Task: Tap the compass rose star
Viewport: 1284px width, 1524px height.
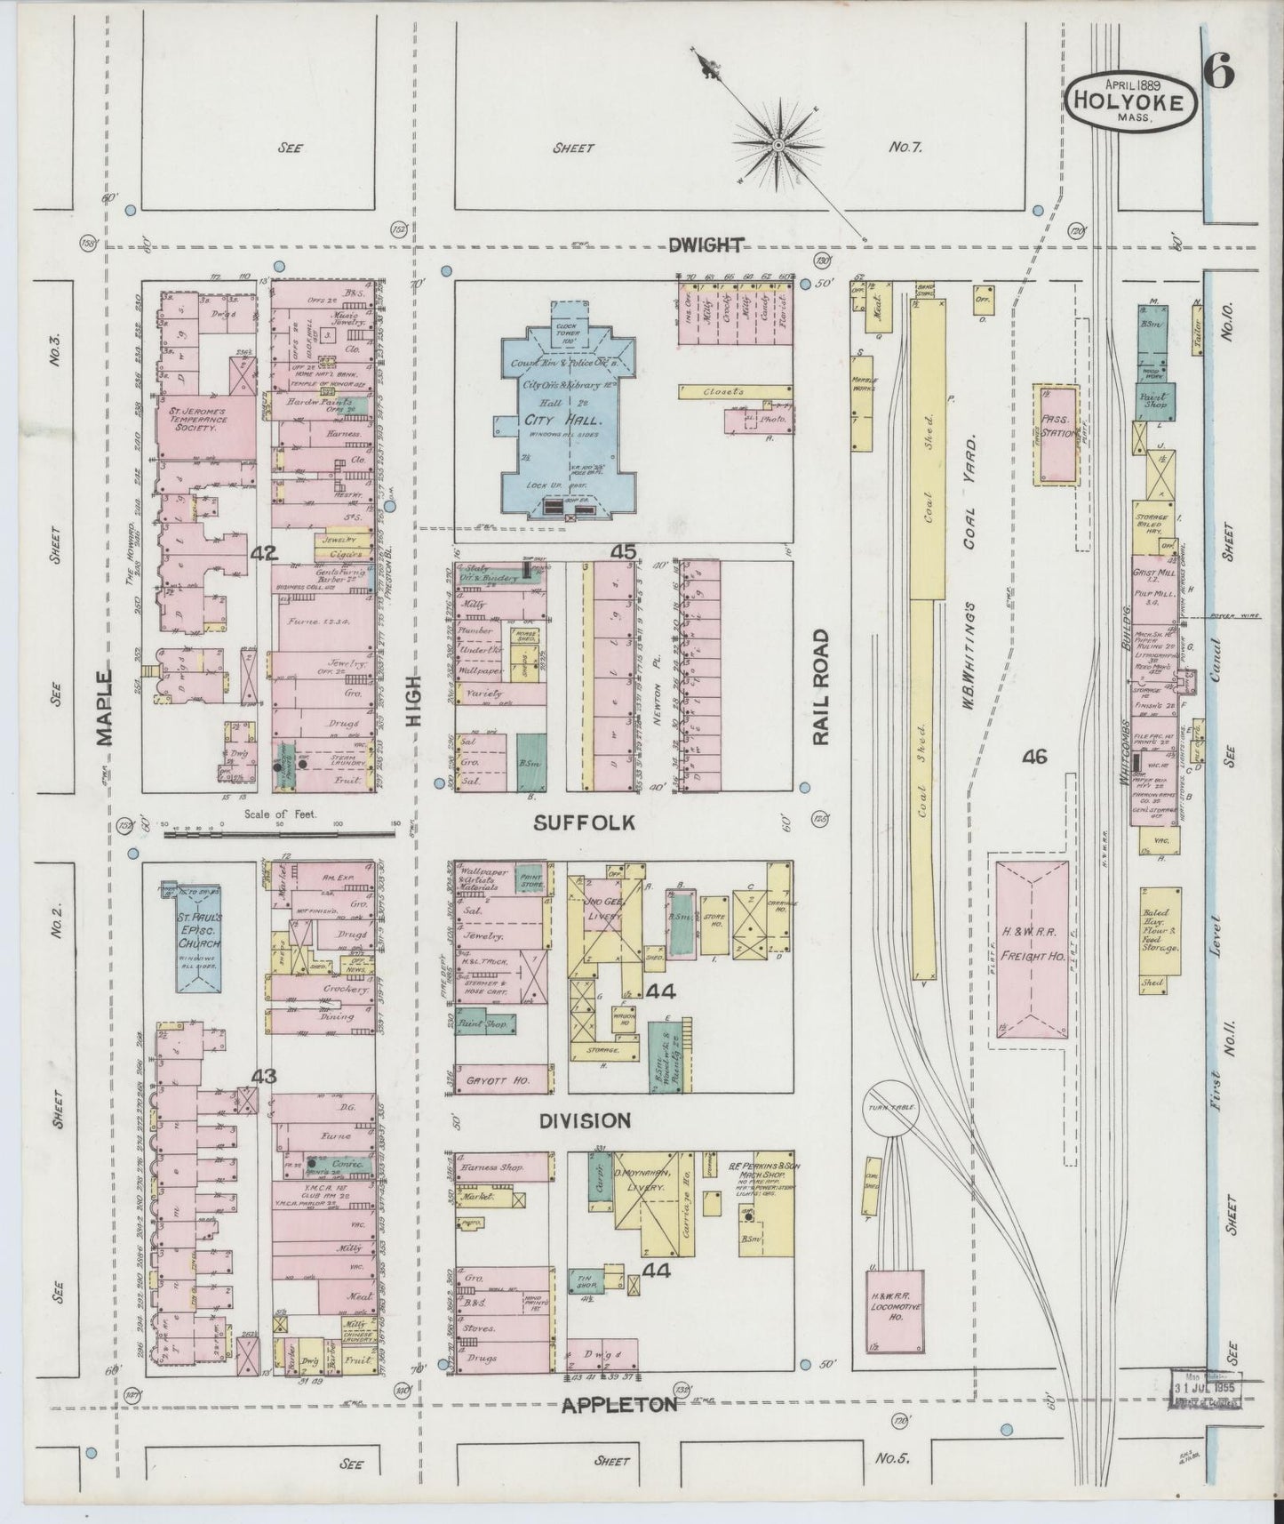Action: tap(778, 143)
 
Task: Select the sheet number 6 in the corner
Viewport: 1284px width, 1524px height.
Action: tap(1219, 73)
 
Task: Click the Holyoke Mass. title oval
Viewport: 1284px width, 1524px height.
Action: tap(1129, 103)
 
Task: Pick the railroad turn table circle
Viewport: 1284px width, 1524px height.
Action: tap(892, 1108)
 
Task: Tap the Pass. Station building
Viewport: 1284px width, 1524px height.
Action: tap(1057, 435)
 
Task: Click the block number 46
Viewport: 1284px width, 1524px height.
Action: tap(1034, 757)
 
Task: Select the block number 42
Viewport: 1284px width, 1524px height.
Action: tap(264, 554)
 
